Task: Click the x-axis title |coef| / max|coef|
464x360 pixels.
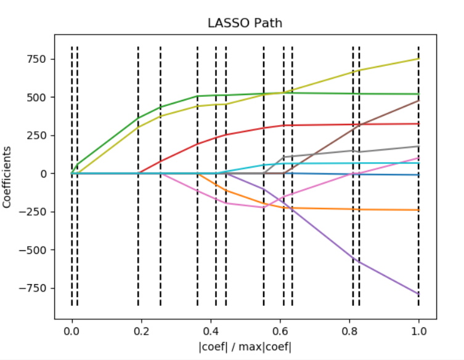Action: pos(245,346)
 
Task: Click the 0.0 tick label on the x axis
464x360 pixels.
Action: pos(72,331)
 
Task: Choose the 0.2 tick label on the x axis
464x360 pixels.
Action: pos(141,331)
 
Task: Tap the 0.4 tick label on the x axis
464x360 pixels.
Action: pos(211,331)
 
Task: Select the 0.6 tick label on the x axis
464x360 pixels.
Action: pos(280,331)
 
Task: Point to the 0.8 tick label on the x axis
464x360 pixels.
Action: pos(349,331)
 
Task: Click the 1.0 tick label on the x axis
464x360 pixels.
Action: pos(419,331)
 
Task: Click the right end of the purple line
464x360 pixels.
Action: pos(419,294)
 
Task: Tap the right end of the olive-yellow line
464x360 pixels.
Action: pos(419,59)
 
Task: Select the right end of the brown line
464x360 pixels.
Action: pos(419,100)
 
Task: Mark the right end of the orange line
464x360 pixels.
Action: pos(419,210)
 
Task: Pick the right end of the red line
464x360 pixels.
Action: pos(419,124)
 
